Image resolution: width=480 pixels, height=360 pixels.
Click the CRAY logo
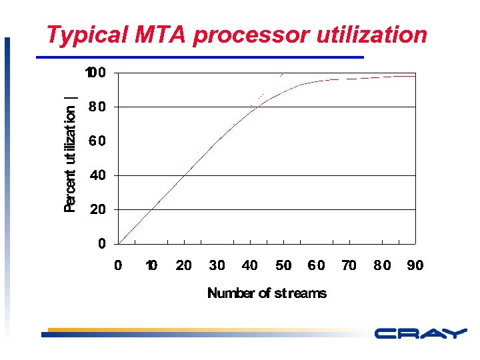pyautogui.click(x=420, y=334)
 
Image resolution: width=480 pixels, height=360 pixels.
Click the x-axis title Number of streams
pyautogui.click(x=267, y=293)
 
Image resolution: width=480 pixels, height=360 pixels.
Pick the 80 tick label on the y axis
pyautogui.click(x=97, y=107)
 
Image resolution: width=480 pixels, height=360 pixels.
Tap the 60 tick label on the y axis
pyautogui.click(x=97, y=141)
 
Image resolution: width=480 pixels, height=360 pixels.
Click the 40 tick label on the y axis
pyautogui.click(x=97, y=175)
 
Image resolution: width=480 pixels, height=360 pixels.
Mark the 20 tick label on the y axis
pyautogui.click(x=97, y=209)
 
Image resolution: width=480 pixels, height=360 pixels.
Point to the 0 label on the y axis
pyautogui.click(x=101, y=244)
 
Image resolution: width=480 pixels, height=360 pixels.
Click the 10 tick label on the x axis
pyautogui.click(x=151, y=265)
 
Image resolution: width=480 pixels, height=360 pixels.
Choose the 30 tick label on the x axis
pyautogui.click(x=217, y=265)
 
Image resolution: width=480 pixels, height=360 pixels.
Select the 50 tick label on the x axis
pyautogui.click(x=283, y=265)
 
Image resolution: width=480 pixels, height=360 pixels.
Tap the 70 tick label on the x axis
pyautogui.click(x=349, y=265)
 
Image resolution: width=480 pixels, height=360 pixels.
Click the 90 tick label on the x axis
pyautogui.click(x=415, y=265)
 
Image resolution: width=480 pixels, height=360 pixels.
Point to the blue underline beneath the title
pyautogui.click(x=200, y=57)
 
